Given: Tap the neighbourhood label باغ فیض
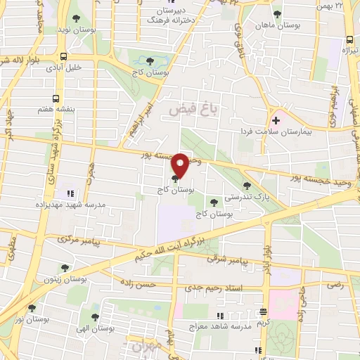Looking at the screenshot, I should tap(186, 110).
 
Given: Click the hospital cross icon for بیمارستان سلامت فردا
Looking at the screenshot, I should tap(276, 120).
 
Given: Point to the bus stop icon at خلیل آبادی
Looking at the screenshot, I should tap(64, 57).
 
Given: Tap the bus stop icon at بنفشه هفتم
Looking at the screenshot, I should tap(56, 99).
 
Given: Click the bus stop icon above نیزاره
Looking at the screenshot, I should tap(349, 39).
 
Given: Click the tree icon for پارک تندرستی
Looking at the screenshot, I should tap(247, 186).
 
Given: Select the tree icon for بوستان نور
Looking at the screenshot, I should tap(32, 308).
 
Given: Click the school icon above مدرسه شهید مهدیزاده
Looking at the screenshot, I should tap(70, 192).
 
